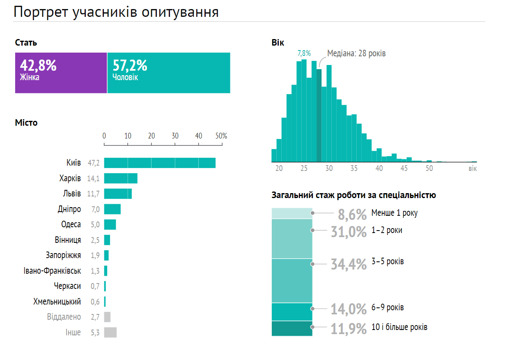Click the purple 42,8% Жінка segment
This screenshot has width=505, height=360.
pos(61,73)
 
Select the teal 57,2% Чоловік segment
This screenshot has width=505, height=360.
pos(169,73)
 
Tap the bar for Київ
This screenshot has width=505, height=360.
pos(160,163)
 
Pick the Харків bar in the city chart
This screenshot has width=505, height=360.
pos(121,178)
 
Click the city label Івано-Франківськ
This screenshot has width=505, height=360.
pos(52,271)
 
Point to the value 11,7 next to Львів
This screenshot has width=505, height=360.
pos(94,194)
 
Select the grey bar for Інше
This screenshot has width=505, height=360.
pos(110,332)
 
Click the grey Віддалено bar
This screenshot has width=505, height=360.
pos(107,317)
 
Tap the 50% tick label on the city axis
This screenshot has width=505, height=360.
pos(221,136)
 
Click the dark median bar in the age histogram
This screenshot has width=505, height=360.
pos(319,115)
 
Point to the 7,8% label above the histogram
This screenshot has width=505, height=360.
pos(304,53)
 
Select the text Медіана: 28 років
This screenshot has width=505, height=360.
pos(356,53)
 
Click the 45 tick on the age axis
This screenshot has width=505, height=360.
pos(404,168)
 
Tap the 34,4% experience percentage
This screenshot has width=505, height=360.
pos(349,264)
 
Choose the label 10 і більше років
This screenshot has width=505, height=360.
pos(399,328)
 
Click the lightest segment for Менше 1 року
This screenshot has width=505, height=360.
pos(292,213)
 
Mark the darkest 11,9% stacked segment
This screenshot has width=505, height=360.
pos(292,328)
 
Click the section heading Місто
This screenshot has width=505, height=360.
pos(26,122)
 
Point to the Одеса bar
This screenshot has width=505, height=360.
pos(110,224)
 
